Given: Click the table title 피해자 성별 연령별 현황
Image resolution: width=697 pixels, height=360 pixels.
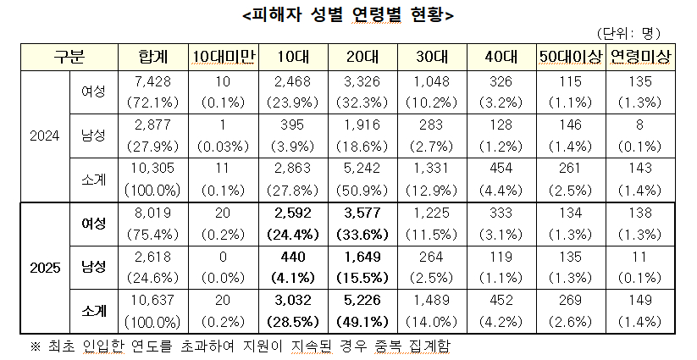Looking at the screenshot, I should coord(348,15).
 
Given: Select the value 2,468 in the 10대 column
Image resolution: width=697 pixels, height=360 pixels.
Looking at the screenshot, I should coord(292,80).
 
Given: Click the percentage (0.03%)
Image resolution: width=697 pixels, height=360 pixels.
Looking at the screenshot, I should coord(223,145).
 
